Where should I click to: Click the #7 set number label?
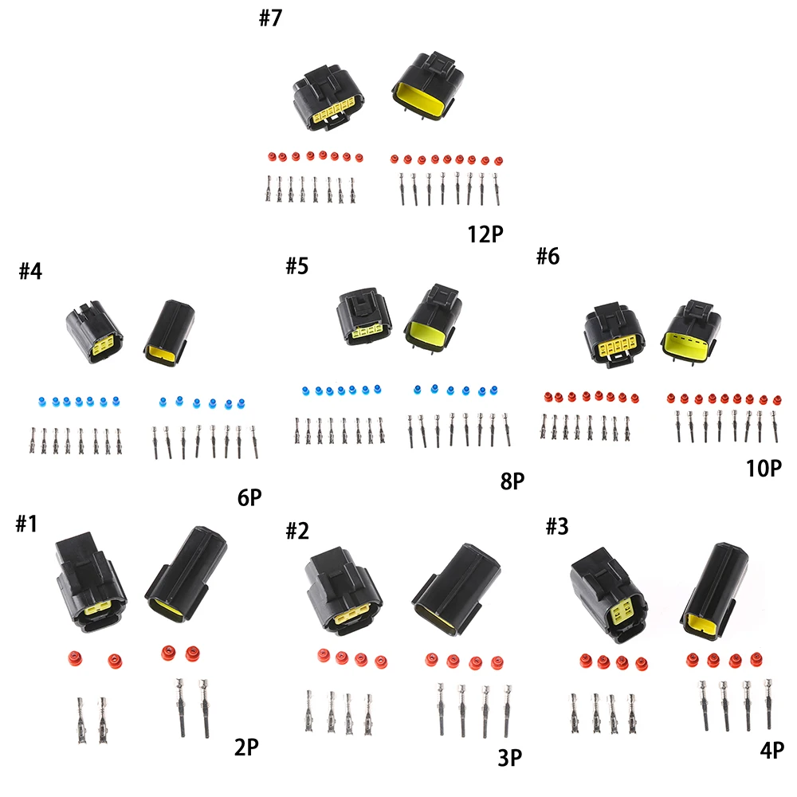pos(270,18)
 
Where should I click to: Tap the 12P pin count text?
pos(485,234)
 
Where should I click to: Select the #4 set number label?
pos(30,271)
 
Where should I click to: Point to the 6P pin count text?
pos(249,497)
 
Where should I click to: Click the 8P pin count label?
pos(512,481)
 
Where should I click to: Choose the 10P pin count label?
pos(764,468)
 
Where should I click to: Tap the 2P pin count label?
pos(246,747)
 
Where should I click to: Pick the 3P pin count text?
pos(510,757)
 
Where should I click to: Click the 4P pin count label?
pos(772,750)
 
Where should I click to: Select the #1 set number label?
pos(26,524)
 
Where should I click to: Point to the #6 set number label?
pos(548,256)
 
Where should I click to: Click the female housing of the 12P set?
pos(328,98)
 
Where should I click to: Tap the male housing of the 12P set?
pos(428,85)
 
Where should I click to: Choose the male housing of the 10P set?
pos(691,331)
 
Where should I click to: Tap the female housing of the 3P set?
pos(344,591)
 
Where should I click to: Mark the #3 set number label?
pos(557,526)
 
